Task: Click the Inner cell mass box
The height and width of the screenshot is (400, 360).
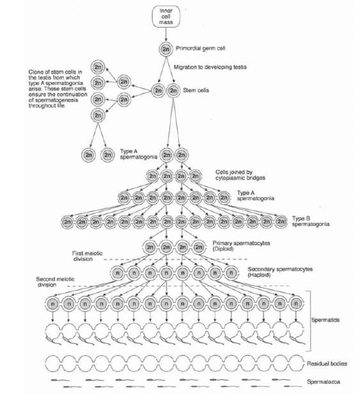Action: click(x=166, y=17)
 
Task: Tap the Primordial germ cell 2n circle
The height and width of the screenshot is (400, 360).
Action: click(x=166, y=49)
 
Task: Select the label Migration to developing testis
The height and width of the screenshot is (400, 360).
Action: click(x=210, y=67)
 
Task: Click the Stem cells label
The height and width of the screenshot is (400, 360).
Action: click(x=196, y=90)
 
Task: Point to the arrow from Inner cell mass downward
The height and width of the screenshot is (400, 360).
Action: click(x=166, y=34)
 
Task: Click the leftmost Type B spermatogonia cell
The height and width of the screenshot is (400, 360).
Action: click(x=68, y=222)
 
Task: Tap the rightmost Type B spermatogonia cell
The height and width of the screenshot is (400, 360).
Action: click(x=281, y=222)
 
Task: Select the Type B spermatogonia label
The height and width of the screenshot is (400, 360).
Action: click(x=311, y=221)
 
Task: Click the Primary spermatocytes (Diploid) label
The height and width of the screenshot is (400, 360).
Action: click(x=241, y=246)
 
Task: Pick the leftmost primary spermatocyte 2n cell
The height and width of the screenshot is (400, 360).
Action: click(x=150, y=247)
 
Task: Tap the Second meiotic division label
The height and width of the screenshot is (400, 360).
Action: click(x=55, y=282)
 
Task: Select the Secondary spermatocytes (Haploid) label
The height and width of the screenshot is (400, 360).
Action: click(x=280, y=272)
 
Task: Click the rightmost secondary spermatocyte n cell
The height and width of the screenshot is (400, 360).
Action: click(x=231, y=273)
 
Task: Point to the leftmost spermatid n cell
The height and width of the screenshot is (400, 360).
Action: click(x=53, y=304)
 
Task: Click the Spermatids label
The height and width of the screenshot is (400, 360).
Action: click(x=325, y=320)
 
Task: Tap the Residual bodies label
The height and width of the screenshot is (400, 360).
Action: click(x=327, y=364)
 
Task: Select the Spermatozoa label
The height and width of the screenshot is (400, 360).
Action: click(x=324, y=382)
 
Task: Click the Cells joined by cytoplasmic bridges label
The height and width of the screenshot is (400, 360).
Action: click(x=240, y=175)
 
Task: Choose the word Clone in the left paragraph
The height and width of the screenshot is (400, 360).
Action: click(x=35, y=72)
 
